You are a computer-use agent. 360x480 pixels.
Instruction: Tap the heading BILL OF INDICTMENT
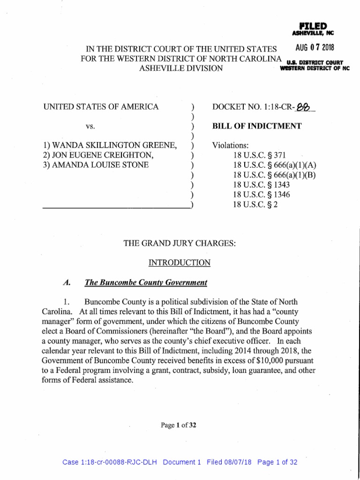tap(257, 126)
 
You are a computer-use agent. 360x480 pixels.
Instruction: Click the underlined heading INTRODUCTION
tap(180, 263)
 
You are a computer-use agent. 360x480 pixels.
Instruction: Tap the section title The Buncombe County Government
tap(145, 283)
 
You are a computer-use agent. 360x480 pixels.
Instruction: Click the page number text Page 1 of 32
tap(178, 425)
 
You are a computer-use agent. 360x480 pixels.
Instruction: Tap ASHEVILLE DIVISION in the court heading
tap(180, 68)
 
